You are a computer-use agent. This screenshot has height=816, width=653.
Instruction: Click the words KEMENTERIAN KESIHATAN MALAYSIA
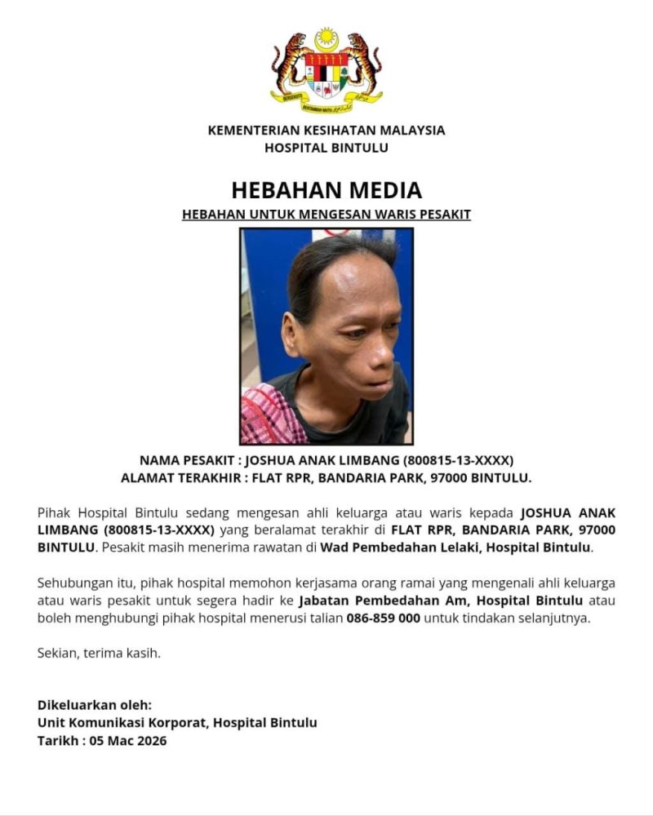[x=326, y=130]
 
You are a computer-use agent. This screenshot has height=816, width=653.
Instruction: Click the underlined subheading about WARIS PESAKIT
[x=326, y=215]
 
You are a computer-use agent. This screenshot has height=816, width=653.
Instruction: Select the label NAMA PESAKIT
[x=185, y=460]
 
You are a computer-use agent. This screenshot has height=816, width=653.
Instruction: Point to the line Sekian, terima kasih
[x=99, y=653]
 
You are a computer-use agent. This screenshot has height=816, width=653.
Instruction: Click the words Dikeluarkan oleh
[x=94, y=705]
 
